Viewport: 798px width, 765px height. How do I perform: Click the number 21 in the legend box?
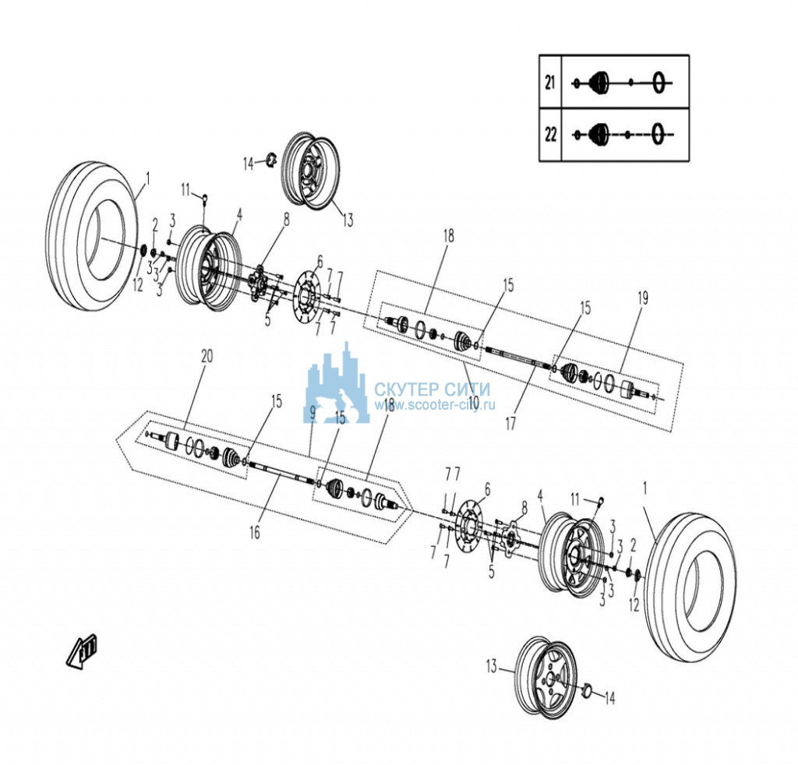coord(549,82)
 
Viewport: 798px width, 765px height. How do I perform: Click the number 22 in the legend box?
coord(550,135)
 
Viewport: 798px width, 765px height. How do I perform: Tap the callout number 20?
coord(207,356)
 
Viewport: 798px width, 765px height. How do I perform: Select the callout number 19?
coord(643,298)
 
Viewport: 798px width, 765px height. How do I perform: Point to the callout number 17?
coord(510,423)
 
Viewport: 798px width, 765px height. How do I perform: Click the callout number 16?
coord(255,532)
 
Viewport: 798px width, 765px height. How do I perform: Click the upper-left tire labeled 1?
coord(94,237)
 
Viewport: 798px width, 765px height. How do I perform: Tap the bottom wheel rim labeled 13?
coord(546,677)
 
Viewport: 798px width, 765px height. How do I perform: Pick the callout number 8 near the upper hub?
coord(287,220)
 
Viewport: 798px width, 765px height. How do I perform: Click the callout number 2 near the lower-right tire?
coord(633,546)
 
